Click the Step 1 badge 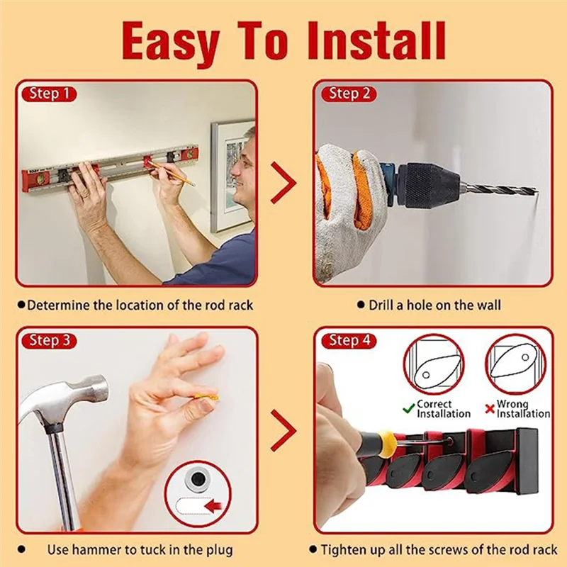[49, 94]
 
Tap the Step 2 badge [349, 94]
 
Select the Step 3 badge [49, 341]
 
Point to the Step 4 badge [349, 341]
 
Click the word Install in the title [377, 40]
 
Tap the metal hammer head [62, 401]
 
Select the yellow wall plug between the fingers [206, 398]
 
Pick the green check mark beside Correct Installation [409, 409]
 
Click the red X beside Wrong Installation [490, 410]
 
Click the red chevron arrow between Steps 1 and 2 [283, 183]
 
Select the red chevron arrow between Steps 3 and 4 [283, 430]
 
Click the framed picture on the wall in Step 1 [232, 177]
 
